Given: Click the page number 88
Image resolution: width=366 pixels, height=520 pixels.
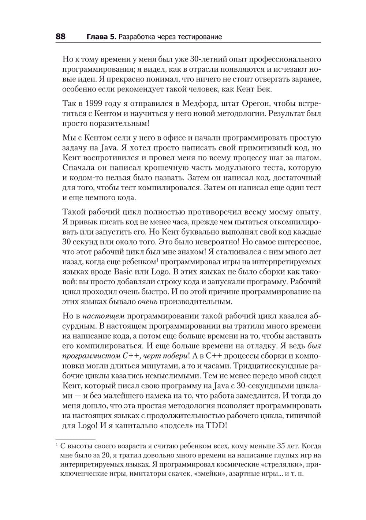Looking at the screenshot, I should pyautogui.click(x=60, y=37).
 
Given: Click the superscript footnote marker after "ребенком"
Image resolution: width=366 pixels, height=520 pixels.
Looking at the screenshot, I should pyautogui.click(x=157, y=260).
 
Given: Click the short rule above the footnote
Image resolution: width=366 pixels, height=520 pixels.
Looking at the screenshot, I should pyautogui.click(x=75, y=438).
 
